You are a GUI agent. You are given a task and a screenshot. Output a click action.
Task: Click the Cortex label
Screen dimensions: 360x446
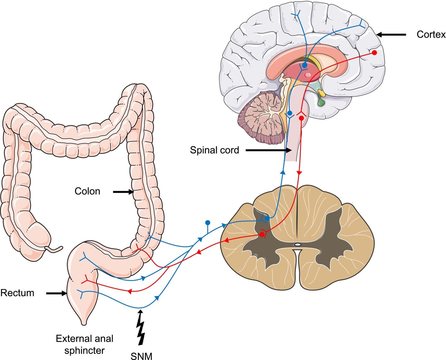coord(431,34)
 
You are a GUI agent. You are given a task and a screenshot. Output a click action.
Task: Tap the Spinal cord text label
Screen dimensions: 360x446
coord(214,150)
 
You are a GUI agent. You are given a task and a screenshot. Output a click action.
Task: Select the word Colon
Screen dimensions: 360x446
coord(87,191)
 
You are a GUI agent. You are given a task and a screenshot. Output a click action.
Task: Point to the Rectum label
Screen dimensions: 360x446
coord(17,293)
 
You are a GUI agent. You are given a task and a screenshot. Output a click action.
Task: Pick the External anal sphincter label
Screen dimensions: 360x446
coord(84,345)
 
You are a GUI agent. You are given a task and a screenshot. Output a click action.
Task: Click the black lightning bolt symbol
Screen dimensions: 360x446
coord(141,327)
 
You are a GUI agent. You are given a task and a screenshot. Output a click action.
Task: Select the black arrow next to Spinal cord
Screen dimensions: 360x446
coord(268,150)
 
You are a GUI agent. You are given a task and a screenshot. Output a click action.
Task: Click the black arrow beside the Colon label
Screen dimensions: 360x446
coord(123,192)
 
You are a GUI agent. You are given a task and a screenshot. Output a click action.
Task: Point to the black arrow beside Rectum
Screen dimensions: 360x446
coord(56,293)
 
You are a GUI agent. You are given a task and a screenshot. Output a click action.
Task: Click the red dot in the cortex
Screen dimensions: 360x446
coord(374,53)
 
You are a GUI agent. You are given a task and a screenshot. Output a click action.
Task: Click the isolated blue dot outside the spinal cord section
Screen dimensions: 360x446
coord(208,223)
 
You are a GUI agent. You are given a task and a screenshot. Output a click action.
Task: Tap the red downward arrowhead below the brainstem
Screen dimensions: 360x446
coord(299,173)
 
